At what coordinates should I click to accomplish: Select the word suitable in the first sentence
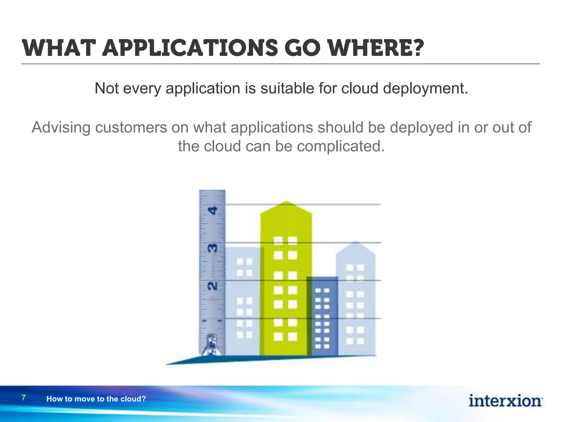pyautogui.click(x=287, y=88)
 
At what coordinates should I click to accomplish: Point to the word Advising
pyautogui.click(x=61, y=127)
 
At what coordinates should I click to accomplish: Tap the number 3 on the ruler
pyautogui.click(x=213, y=248)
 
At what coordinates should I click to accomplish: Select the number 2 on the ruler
pyautogui.click(x=212, y=286)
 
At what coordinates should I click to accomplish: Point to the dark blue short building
pyautogui.click(x=322, y=316)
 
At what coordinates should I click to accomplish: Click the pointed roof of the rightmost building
pyautogui.click(x=356, y=247)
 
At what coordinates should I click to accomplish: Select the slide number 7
pyautogui.click(x=24, y=398)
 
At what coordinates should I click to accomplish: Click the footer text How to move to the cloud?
pyautogui.click(x=96, y=399)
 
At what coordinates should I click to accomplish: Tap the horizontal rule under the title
pyautogui.click(x=280, y=64)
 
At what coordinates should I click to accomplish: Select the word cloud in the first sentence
pyautogui.click(x=360, y=88)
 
